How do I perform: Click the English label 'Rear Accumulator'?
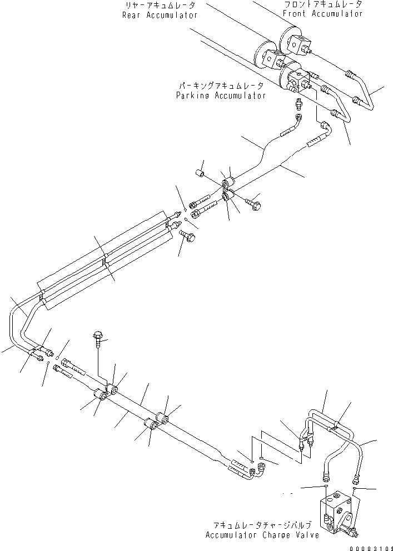point(160,15)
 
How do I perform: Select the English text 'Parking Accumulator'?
point(220,95)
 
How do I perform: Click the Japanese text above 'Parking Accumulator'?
point(220,86)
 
